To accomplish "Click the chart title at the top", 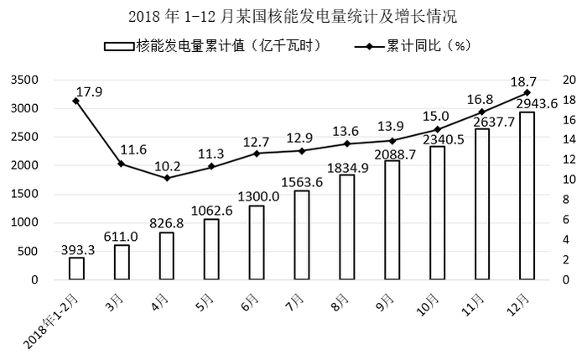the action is pyautogui.click(x=293, y=17).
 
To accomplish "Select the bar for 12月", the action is pyautogui.click(x=527, y=196).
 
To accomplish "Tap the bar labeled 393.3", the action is pyautogui.click(x=77, y=269).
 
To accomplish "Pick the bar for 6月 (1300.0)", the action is pyautogui.click(x=257, y=243).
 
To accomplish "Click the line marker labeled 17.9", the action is pyautogui.click(x=76, y=101).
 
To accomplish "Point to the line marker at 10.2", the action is pyautogui.click(x=167, y=178).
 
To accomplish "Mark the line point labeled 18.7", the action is pyautogui.click(x=527, y=92).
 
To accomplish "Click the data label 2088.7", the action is pyautogui.click(x=395, y=154).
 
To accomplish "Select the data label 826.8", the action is pyautogui.click(x=167, y=223).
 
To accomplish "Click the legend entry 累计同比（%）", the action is pyautogui.click(x=413, y=46).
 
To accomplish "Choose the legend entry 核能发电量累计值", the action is pyautogui.click(x=213, y=46).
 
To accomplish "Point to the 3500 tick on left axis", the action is pyautogui.click(x=24, y=80).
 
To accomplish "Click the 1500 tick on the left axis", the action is pyautogui.click(x=24, y=194).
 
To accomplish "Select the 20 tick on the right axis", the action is pyautogui.click(x=569, y=80).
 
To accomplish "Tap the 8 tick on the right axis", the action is pyautogui.click(x=566, y=199).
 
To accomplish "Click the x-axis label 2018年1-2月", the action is pyautogui.click(x=51, y=321).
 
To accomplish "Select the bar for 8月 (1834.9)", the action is pyautogui.click(x=346, y=227).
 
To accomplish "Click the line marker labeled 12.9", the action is pyautogui.click(x=302, y=151).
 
